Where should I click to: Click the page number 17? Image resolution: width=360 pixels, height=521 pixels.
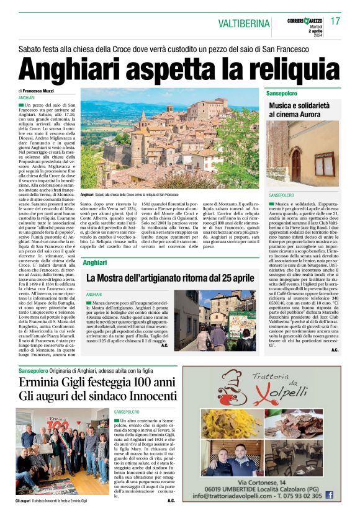[335, 21]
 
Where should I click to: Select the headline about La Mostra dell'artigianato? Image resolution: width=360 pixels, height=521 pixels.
[170, 278]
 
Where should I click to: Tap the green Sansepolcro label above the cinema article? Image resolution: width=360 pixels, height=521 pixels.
[282, 93]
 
